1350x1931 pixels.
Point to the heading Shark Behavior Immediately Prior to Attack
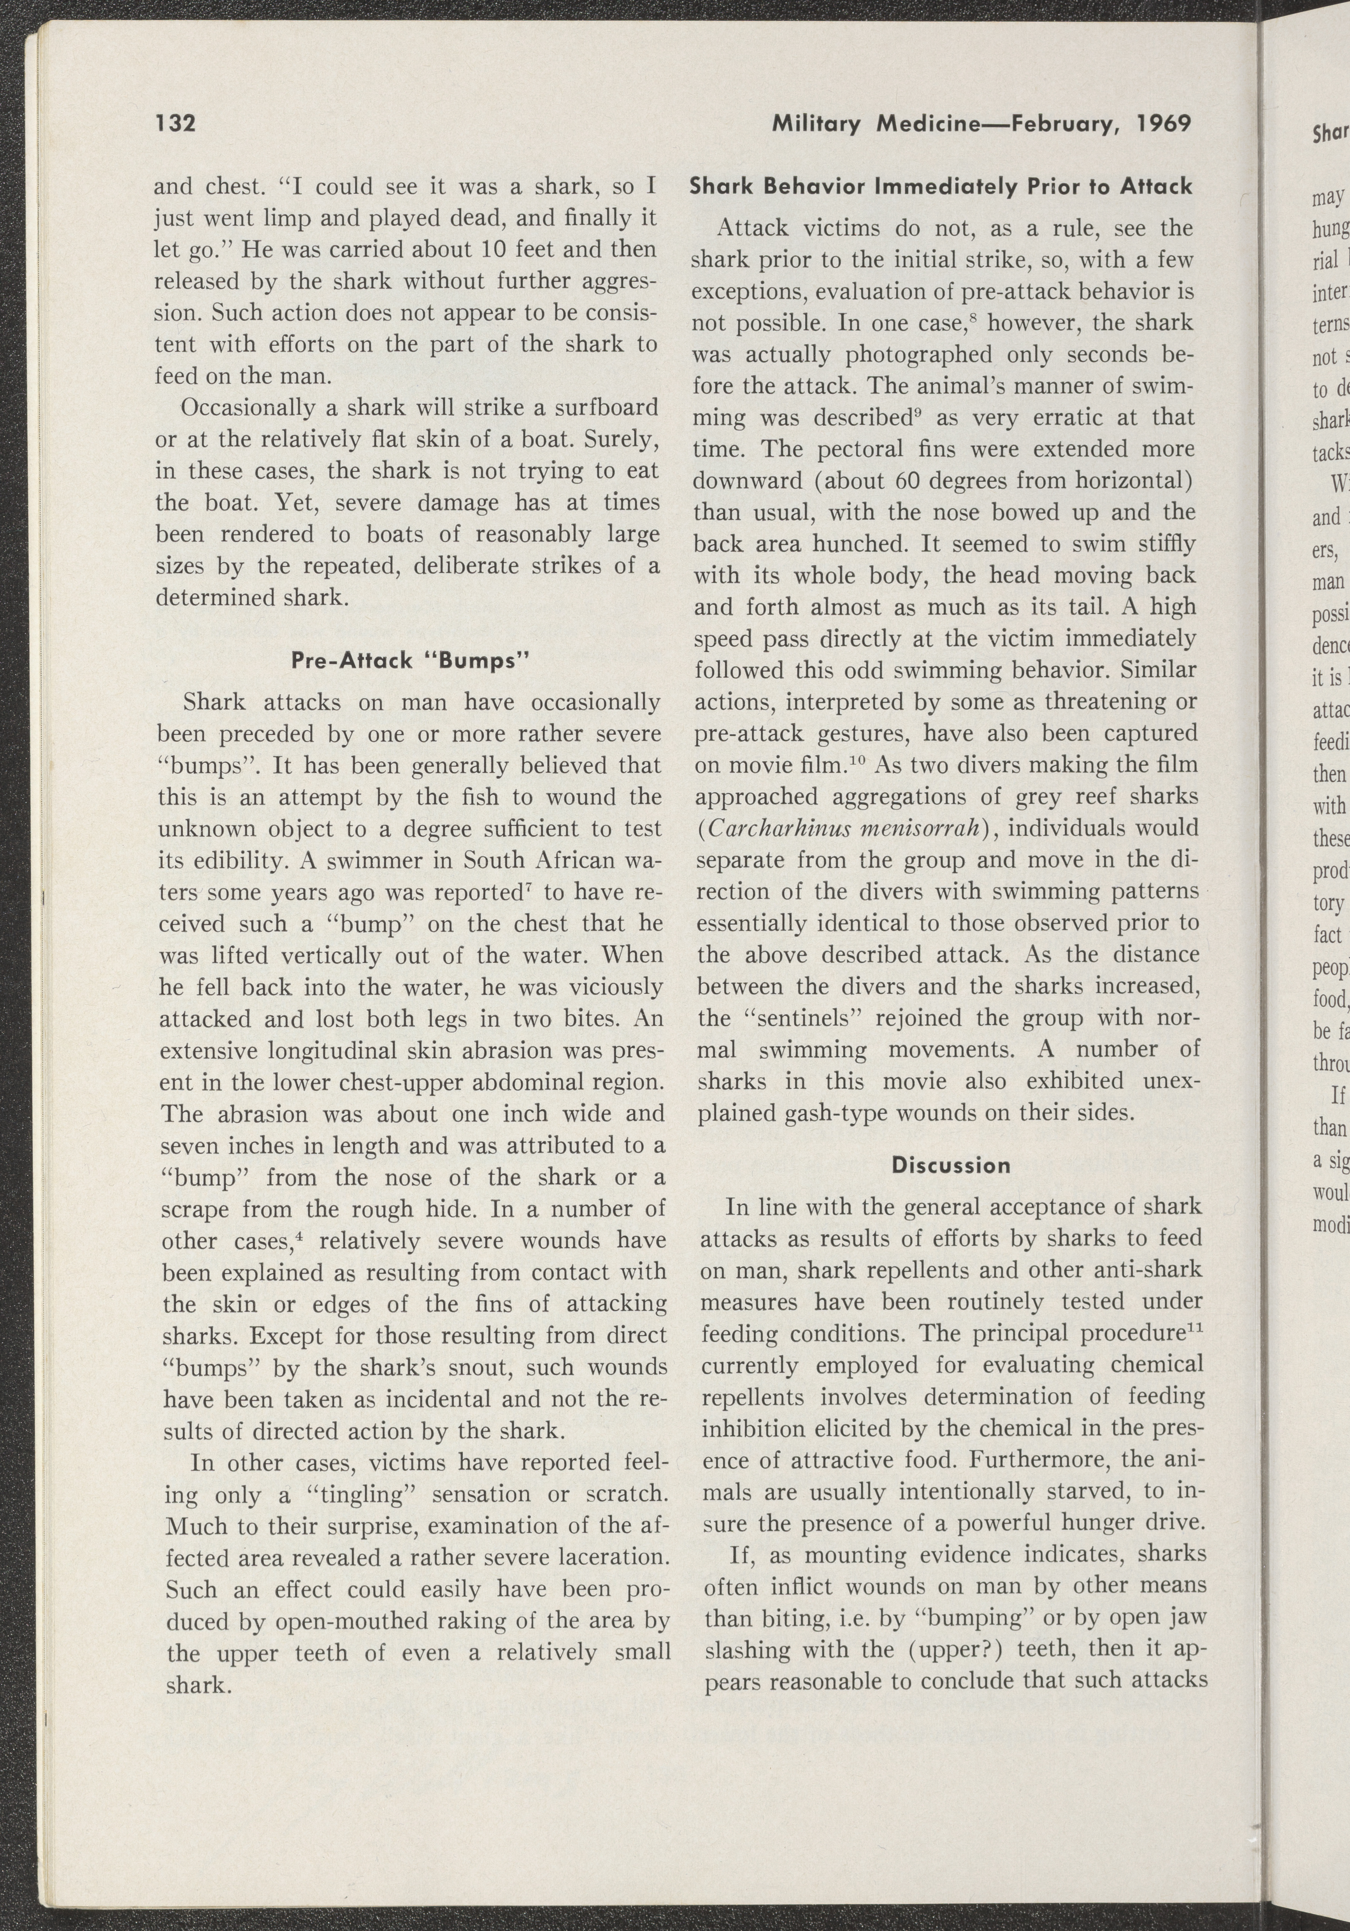click(x=940, y=186)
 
